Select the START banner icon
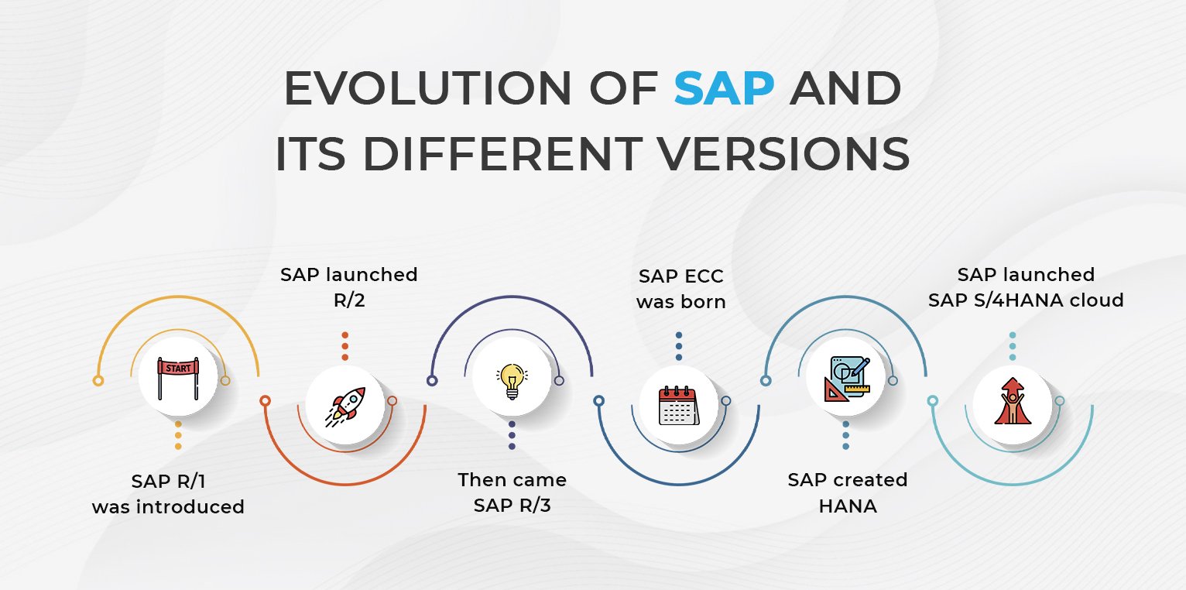coord(178,379)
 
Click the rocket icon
coord(344,403)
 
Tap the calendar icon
coord(678,404)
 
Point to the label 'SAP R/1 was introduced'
coord(168,494)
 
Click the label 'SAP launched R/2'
coord(349,287)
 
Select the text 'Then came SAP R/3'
coord(512,492)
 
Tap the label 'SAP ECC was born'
coord(681,289)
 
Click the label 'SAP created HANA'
coord(848,492)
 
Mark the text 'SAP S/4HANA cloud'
coord(1026,300)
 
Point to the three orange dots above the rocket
coord(344,346)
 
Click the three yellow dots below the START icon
coord(178,435)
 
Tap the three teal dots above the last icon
coord(1012,346)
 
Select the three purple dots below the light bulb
coord(511,435)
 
